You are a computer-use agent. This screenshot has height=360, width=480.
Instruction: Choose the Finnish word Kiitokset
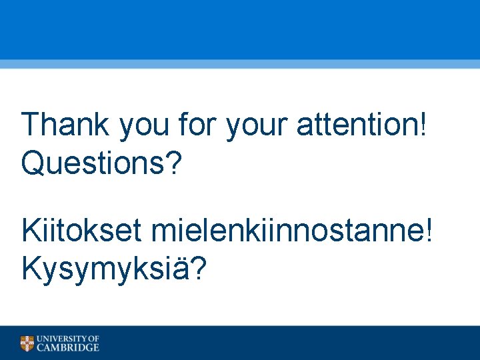tap(81, 231)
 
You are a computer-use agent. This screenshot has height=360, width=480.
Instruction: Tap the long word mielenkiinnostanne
tap(286, 231)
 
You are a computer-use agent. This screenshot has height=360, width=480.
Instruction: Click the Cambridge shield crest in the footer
tap(27, 343)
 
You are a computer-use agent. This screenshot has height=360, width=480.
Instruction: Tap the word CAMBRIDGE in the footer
tap(67, 347)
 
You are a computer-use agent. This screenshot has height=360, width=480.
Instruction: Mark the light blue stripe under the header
tap(240, 64)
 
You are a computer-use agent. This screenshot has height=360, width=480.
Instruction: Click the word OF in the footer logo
tap(93, 339)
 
